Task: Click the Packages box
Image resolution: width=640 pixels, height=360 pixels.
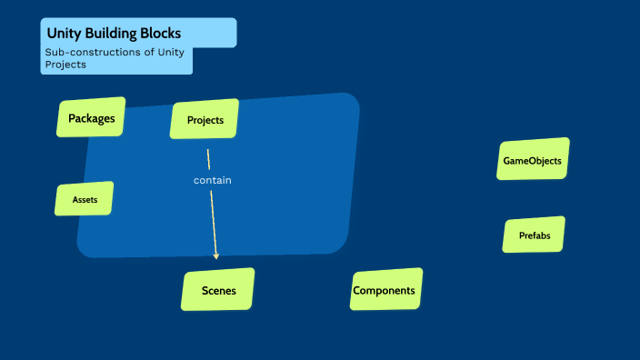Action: pyautogui.click(x=91, y=118)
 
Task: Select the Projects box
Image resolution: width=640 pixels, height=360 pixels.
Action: pyautogui.click(x=205, y=120)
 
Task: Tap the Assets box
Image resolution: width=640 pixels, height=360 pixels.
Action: pyautogui.click(x=85, y=199)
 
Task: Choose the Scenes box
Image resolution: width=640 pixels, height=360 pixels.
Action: pyautogui.click(x=218, y=290)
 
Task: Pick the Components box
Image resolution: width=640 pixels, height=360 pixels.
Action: pyautogui.click(x=385, y=290)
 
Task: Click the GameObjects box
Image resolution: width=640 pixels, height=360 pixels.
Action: pyautogui.click(x=533, y=161)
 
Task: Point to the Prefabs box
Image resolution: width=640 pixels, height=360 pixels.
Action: pyautogui.click(x=534, y=235)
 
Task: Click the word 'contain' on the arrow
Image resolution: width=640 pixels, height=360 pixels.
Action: pyautogui.click(x=213, y=180)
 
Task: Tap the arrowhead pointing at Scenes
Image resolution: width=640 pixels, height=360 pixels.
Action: pyautogui.click(x=216, y=255)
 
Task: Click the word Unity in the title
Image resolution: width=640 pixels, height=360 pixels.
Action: pyautogui.click(x=65, y=34)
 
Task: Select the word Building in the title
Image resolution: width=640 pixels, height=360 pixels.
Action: pyautogui.click(x=112, y=34)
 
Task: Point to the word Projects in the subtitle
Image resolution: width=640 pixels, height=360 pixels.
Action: pyautogui.click(x=65, y=65)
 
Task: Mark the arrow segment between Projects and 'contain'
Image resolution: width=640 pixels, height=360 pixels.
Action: pyautogui.click(x=209, y=159)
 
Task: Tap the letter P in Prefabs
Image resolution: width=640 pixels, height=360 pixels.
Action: pyautogui.click(x=522, y=235)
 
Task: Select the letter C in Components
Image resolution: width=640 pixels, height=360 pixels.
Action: pyautogui.click(x=357, y=291)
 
